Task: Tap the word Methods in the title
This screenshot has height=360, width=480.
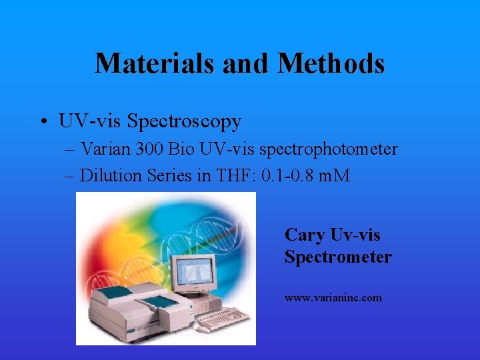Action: pyautogui.click(x=331, y=64)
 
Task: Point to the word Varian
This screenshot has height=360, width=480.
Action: pyautogui.click(x=103, y=149)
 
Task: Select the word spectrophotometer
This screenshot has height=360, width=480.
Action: pyautogui.click(x=323, y=149)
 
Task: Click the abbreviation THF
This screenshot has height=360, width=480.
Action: pyautogui.click(x=231, y=175)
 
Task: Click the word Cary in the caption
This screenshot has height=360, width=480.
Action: pyautogui.click(x=305, y=235)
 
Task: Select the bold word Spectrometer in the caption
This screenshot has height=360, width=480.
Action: pyautogui.click(x=338, y=257)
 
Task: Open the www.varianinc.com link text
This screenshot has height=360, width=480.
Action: pyautogui.click(x=333, y=298)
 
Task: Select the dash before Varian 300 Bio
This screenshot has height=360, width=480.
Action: pyautogui.click(x=69, y=150)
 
